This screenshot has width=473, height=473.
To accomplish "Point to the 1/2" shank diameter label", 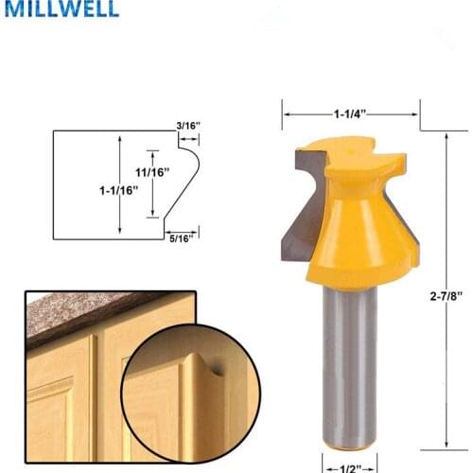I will coord(350,465).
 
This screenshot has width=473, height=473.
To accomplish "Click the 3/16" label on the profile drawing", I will coord(187,125).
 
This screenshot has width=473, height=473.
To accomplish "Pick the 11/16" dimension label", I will coord(151,171).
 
